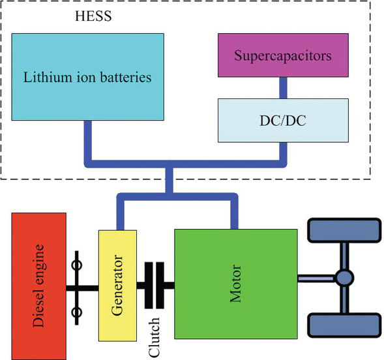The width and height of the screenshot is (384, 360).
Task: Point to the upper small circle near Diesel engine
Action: tap(76, 265)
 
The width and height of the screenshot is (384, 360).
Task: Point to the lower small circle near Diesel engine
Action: tap(76, 312)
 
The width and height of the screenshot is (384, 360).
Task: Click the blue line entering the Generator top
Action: tap(119, 212)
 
